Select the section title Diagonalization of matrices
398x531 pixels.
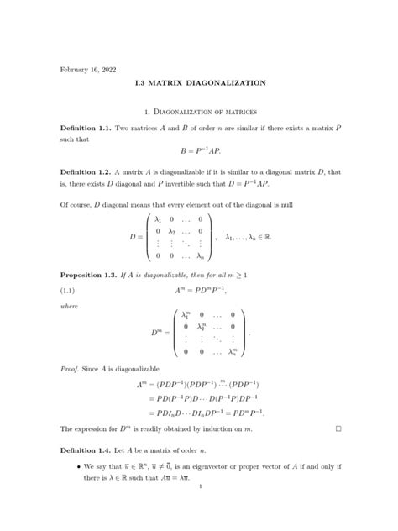[200, 112]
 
